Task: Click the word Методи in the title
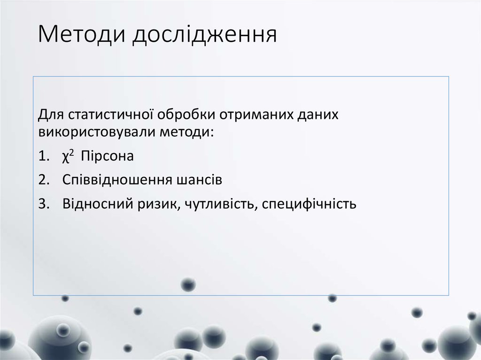click(80, 36)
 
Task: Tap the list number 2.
click(43, 180)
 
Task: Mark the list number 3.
click(43, 205)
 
